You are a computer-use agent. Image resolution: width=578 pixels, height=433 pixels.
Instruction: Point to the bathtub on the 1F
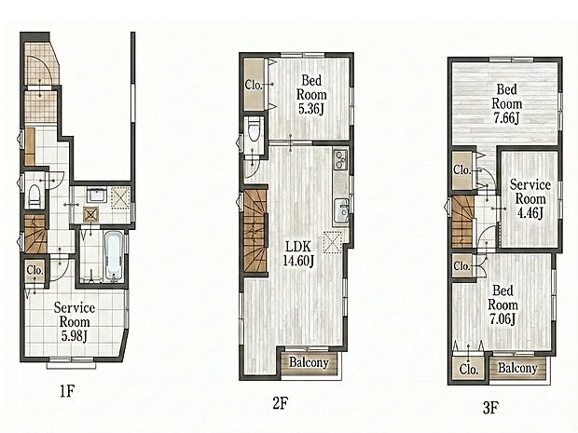point(113,253)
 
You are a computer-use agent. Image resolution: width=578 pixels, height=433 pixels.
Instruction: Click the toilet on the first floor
point(34,196)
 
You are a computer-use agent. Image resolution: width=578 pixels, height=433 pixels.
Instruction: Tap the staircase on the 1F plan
point(34,233)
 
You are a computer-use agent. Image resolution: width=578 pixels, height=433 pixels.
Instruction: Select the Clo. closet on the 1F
point(34,271)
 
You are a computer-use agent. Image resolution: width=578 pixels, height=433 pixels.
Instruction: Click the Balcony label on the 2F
point(308,362)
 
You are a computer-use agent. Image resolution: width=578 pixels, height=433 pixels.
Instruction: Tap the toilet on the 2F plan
point(254,137)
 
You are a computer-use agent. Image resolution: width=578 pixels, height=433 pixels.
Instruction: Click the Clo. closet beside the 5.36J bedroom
point(254,85)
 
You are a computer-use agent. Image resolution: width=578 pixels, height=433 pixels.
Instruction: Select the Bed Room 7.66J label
point(508,102)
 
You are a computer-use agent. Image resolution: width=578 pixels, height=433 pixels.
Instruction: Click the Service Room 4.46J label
point(530,198)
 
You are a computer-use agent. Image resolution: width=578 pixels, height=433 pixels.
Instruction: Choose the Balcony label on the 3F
point(516,368)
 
